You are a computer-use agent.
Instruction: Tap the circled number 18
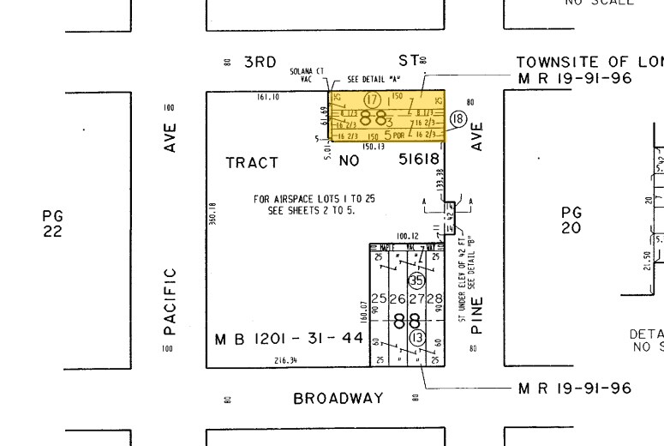click(458, 119)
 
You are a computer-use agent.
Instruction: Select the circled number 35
click(416, 280)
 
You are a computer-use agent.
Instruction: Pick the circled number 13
click(417, 338)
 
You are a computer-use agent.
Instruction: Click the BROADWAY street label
click(338, 399)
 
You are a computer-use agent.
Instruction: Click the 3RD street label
click(260, 62)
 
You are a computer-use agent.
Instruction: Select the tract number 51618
click(419, 160)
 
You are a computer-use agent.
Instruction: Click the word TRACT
click(252, 162)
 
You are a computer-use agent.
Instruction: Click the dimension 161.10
click(269, 97)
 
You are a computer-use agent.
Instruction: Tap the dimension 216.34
click(285, 361)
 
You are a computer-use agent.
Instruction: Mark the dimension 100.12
click(407, 236)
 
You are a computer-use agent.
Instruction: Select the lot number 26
click(397, 299)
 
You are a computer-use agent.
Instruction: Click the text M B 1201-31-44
click(289, 340)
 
